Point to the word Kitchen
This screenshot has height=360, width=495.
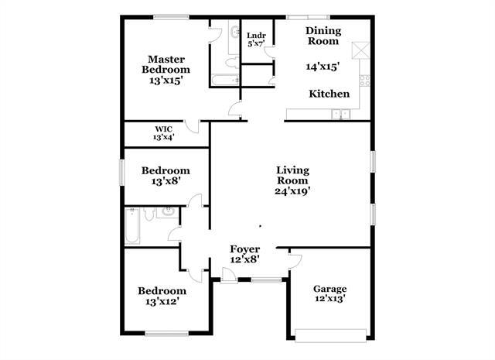[329, 94]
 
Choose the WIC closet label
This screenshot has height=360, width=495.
[163, 129]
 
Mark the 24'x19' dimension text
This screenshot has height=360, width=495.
[293, 190]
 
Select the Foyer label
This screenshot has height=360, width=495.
[244, 249]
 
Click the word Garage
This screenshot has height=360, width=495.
[329, 288]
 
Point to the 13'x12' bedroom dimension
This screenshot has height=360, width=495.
[162, 303]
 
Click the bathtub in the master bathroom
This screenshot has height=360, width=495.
[225, 78]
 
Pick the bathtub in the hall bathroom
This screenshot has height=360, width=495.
[131, 227]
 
